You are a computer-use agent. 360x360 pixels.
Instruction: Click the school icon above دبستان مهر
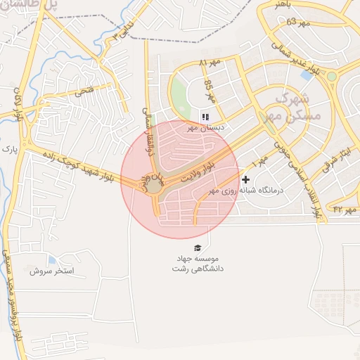205,117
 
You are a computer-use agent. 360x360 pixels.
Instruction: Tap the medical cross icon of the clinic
245,180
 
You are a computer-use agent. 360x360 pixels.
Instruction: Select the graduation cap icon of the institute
198,247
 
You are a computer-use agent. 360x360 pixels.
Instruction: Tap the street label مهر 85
209,89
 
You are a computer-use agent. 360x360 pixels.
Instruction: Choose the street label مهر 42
346,209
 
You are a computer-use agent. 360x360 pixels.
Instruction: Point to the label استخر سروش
47,271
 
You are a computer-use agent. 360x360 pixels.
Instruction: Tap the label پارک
8,148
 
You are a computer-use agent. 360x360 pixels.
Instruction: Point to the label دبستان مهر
198,128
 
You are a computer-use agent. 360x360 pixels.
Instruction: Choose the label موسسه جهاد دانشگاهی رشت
198,264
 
